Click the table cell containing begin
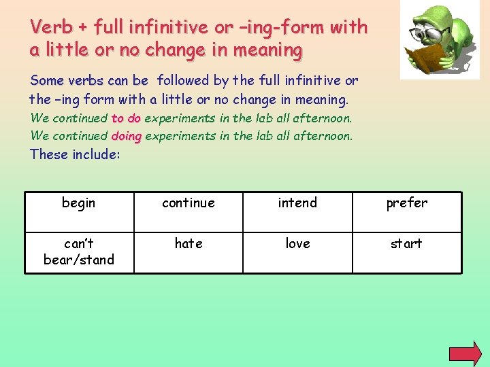coord(79,212)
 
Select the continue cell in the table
coord(189,212)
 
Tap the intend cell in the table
coord(297,212)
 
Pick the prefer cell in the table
coord(406,212)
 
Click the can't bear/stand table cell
coord(79,252)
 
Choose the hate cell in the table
coord(189,252)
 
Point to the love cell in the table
coord(297,252)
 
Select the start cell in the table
coord(406,252)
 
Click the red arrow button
coord(465,354)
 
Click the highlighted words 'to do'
coord(126,118)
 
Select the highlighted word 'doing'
coord(126,135)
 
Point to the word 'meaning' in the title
coord(270,50)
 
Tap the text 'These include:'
coord(75,154)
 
